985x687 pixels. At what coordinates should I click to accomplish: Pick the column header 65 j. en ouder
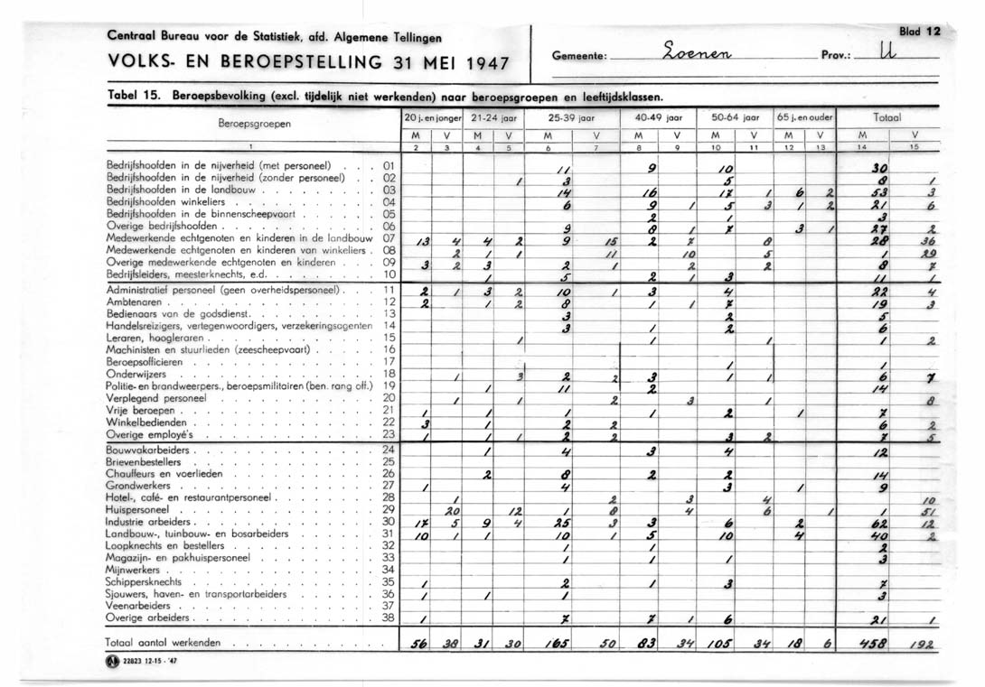pyautogui.click(x=805, y=117)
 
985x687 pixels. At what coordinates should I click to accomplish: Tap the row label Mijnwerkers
pyautogui.click(x=133, y=571)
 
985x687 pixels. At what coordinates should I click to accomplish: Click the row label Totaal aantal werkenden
pyautogui.click(x=163, y=642)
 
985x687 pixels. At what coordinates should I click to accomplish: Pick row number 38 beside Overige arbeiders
pyautogui.click(x=389, y=618)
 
